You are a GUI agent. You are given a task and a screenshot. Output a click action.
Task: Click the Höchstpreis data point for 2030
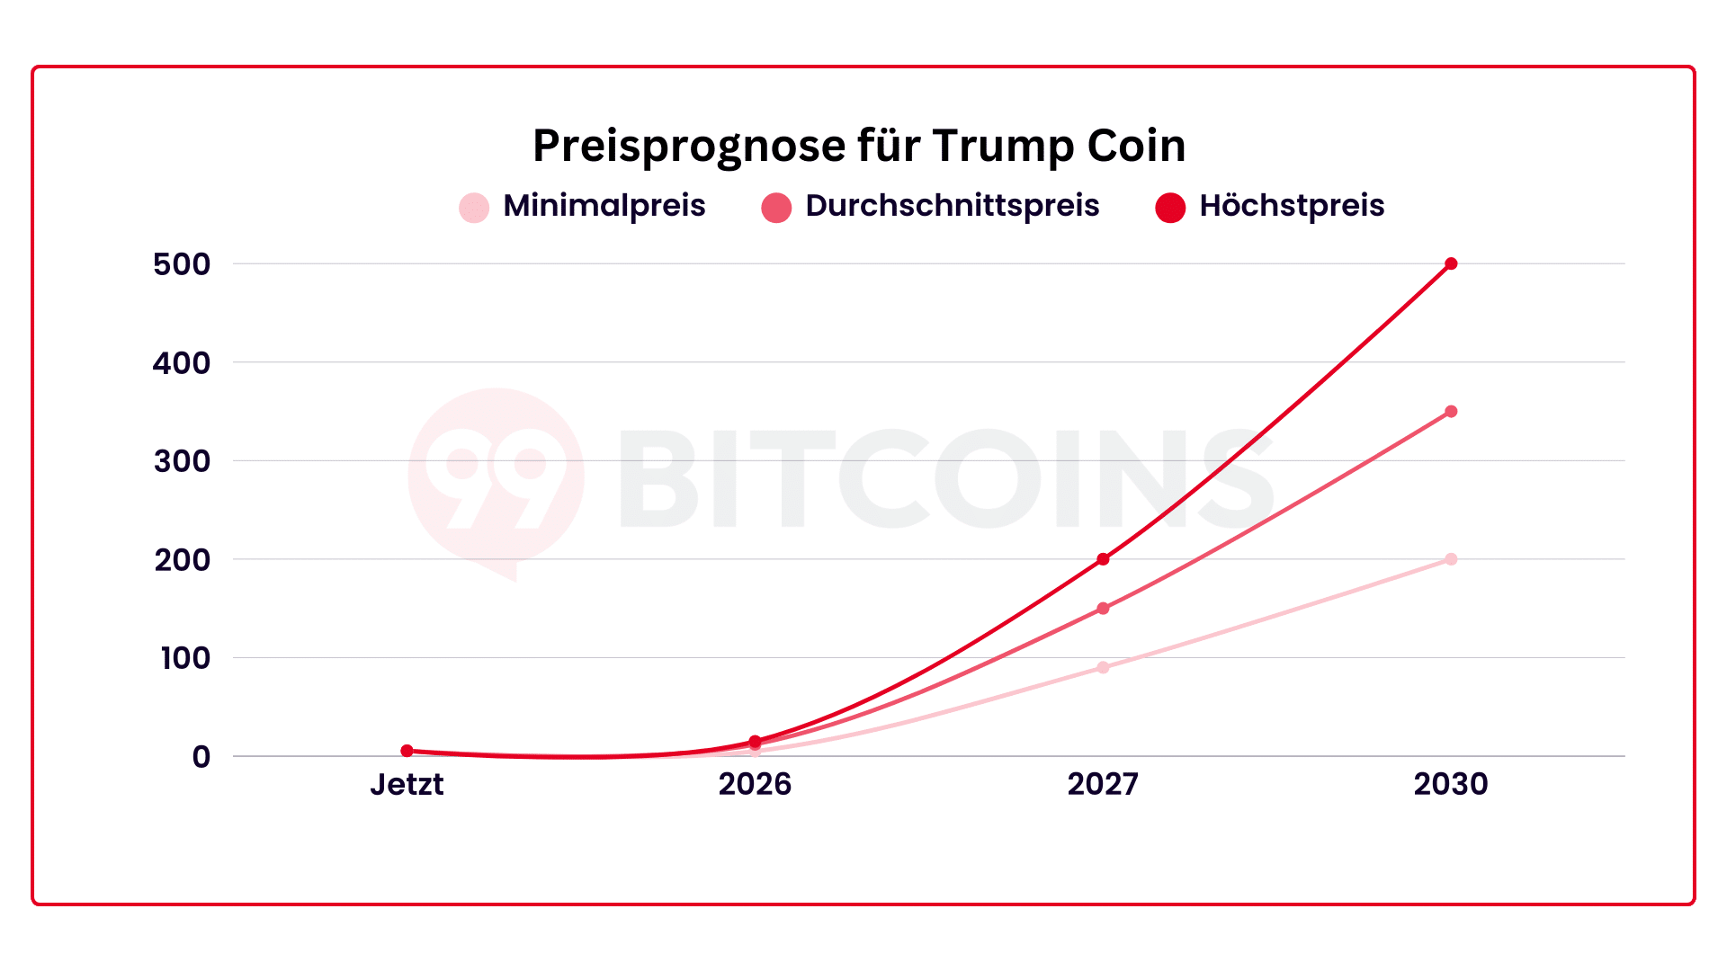1451,263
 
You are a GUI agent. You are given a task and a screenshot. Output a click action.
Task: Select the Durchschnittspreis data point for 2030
1451,412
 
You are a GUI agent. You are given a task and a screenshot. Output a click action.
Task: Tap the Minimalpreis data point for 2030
1451,559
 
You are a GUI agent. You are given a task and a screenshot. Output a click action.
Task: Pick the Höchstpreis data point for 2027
1103,559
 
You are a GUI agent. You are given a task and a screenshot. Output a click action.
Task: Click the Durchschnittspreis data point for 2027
1103,609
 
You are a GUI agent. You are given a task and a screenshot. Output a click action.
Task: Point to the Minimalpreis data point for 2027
1103,667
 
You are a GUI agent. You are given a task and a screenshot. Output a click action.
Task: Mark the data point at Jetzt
407,751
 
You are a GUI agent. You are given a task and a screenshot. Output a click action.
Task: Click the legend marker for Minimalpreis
474,207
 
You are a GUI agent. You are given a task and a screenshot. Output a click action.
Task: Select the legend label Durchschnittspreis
952,206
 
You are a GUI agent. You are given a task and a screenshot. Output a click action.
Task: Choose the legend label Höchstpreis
1292,206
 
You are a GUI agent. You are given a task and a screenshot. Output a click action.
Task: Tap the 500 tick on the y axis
182,264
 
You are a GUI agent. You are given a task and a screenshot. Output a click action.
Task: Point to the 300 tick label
182,461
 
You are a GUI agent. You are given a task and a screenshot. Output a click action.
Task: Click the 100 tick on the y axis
185,658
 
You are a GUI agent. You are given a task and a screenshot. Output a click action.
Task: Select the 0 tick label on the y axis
201,757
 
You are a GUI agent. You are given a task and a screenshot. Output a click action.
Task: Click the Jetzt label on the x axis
407,784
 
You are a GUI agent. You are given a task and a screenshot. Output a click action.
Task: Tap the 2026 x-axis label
755,784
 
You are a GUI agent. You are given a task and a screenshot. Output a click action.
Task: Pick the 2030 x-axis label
1451,784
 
